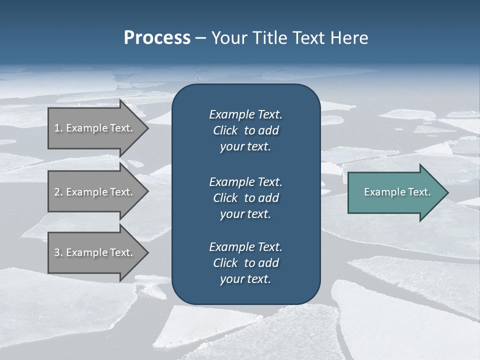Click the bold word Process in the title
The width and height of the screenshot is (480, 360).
coord(157,38)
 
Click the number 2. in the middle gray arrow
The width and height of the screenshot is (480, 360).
coord(58,192)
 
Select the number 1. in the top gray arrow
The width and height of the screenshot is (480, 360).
coord(58,128)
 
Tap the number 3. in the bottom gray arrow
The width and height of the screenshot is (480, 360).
coord(58,252)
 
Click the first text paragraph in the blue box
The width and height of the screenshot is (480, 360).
coord(245,130)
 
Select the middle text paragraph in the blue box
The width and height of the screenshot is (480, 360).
coord(245,198)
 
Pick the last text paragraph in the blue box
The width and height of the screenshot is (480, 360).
coord(245,263)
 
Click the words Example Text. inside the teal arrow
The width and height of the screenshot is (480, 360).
coord(397,192)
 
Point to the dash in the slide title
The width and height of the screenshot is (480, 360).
coord(200,38)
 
